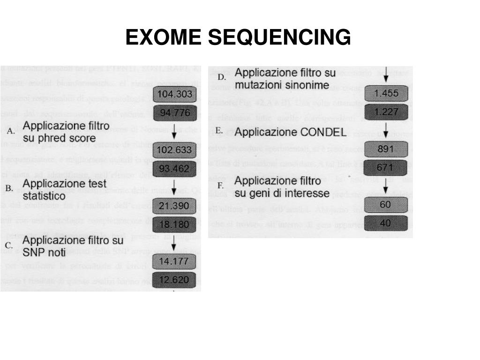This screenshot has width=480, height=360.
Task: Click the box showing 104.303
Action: [x=175, y=94]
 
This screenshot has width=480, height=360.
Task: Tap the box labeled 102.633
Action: [x=175, y=150]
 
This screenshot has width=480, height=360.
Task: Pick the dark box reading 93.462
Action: [x=175, y=168]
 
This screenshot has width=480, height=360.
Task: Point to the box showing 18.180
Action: [x=175, y=224]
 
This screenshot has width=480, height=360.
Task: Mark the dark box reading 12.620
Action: [x=175, y=280]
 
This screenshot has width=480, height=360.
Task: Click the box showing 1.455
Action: [x=386, y=93]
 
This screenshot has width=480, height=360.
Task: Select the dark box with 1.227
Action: [x=386, y=112]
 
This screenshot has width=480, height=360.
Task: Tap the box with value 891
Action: [x=386, y=149]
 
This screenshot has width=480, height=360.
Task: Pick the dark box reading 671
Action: [x=386, y=167]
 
